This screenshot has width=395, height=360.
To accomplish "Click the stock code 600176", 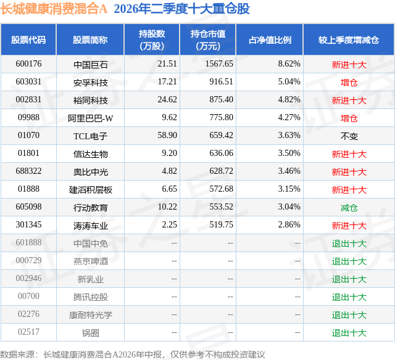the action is click(x=28, y=64).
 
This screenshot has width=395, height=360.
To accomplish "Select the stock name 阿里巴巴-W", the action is click(x=91, y=118).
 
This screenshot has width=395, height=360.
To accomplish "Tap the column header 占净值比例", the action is click(x=270, y=40).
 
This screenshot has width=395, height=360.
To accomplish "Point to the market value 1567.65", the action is click(x=219, y=64).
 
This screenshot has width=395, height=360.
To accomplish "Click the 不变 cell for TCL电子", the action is click(x=349, y=136).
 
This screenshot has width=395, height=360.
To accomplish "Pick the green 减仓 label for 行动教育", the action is click(x=349, y=208).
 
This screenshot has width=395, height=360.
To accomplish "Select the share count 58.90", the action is click(x=167, y=136).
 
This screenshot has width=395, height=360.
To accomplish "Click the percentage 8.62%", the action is click(x=289, y=64).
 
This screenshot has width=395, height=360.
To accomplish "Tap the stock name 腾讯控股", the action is click(x=91, y=297).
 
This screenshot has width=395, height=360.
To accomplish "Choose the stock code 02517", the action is click(x=28, y=332).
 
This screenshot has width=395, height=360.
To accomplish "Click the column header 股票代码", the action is click(x=28, y=40).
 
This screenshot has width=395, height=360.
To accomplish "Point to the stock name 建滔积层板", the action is click(x=91, y=190).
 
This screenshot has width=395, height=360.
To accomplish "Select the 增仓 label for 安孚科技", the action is click(x=349, y=83).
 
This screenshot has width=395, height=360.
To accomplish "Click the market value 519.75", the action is click(x=221, y=224).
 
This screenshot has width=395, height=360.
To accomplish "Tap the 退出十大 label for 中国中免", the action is click(x=349, y=243).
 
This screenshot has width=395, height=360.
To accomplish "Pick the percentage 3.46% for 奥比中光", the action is click(x=289, y=171).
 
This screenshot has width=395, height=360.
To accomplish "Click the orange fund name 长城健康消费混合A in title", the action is click(x=54, y=9).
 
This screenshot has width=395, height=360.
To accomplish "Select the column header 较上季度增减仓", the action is click(x=349, y=40).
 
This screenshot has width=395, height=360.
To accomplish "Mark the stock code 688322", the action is click(x=28, y=171).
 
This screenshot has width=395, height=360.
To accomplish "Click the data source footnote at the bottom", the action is click(x=133, y=354).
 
